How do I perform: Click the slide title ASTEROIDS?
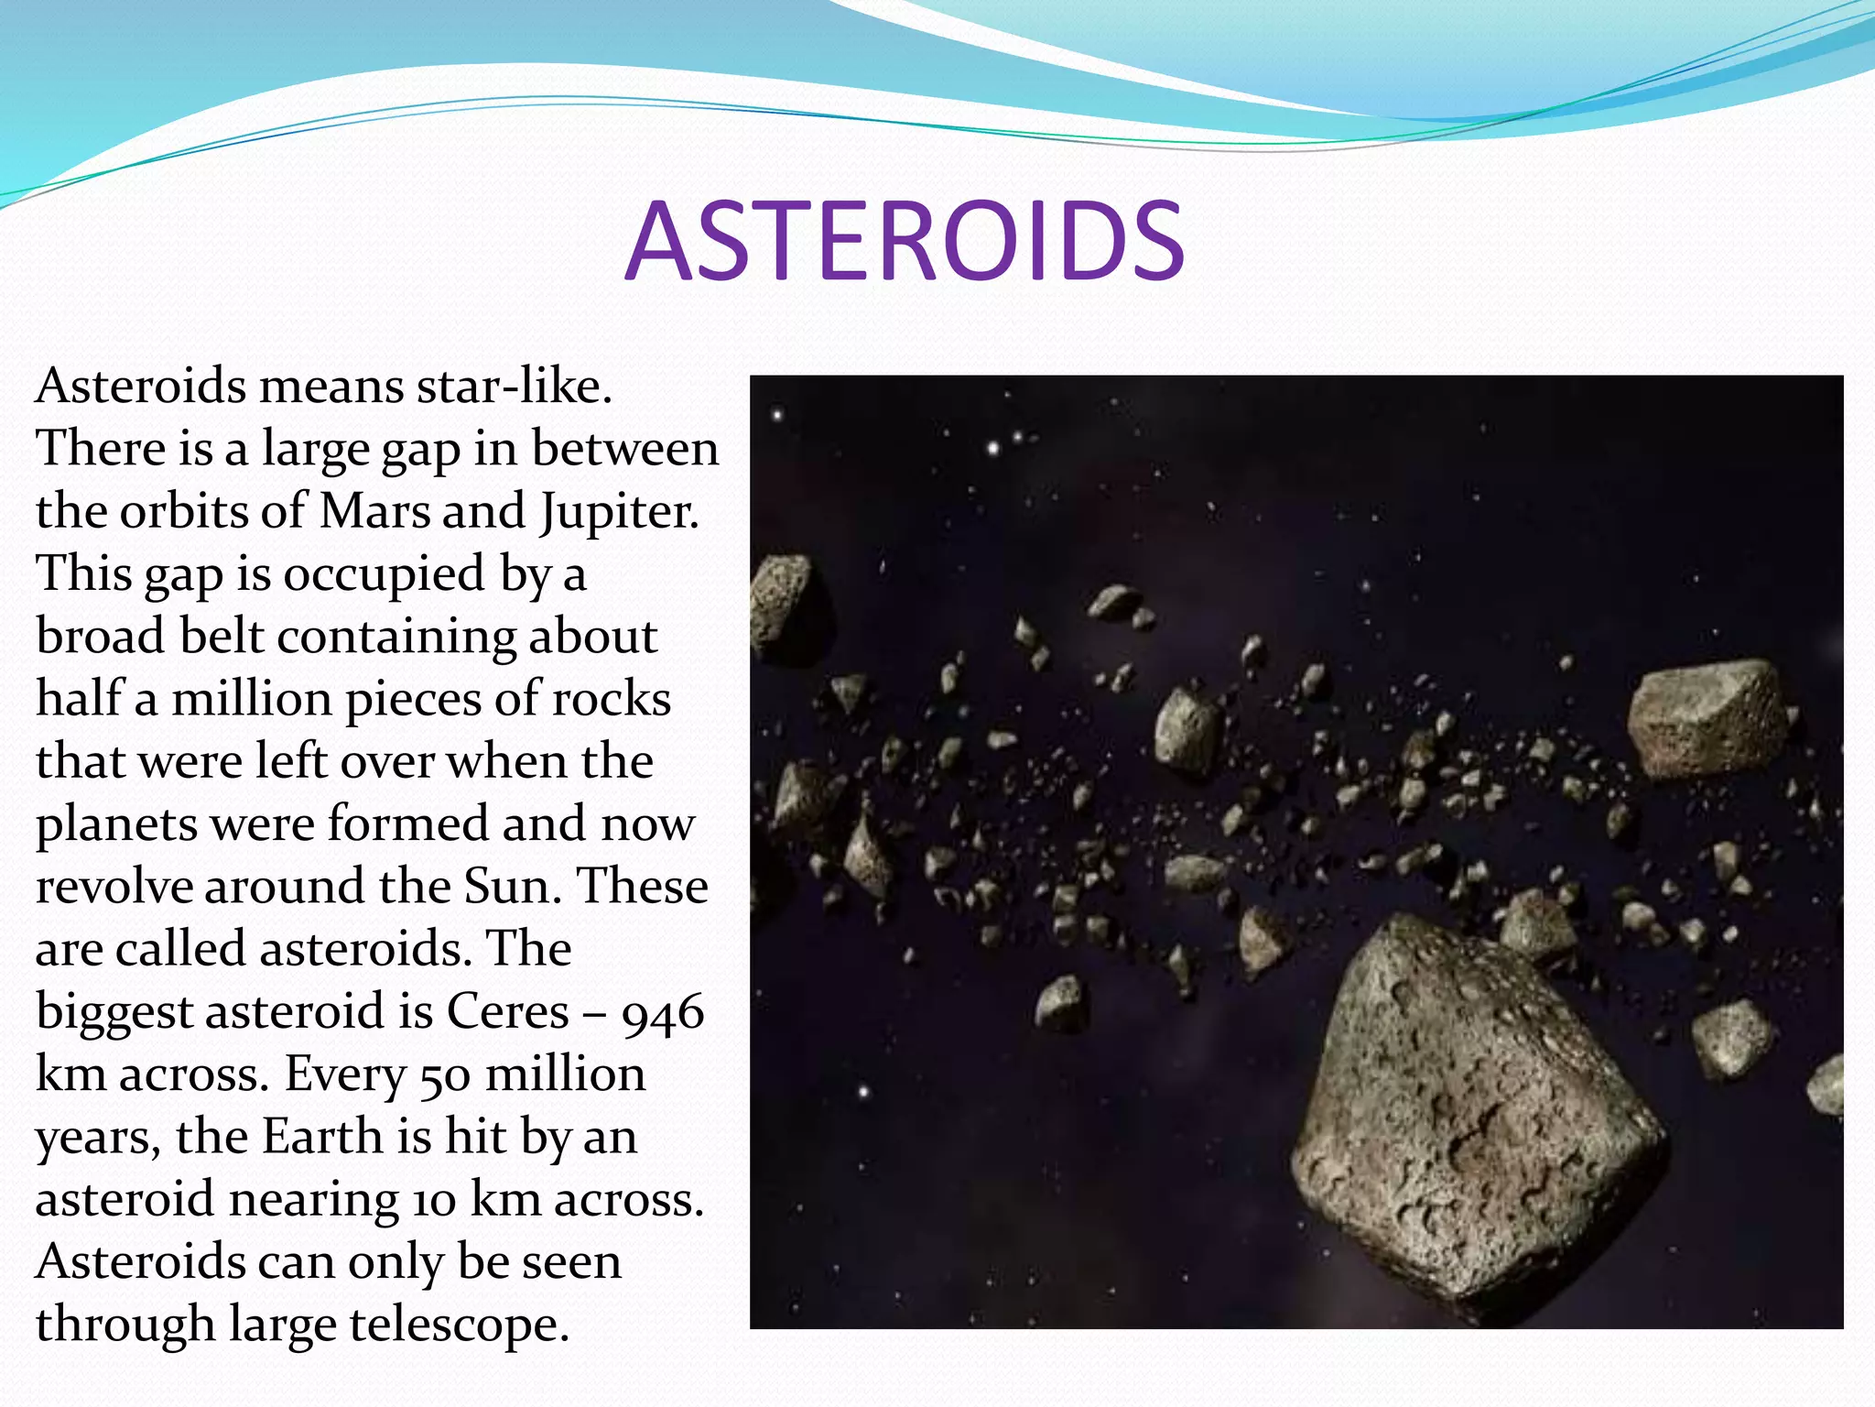pos(905,241)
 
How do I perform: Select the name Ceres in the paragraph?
pos(507,1011)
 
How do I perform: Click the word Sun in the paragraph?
pos(508,887)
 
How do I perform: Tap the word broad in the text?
pos(101,636)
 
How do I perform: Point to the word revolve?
pos(114,887)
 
